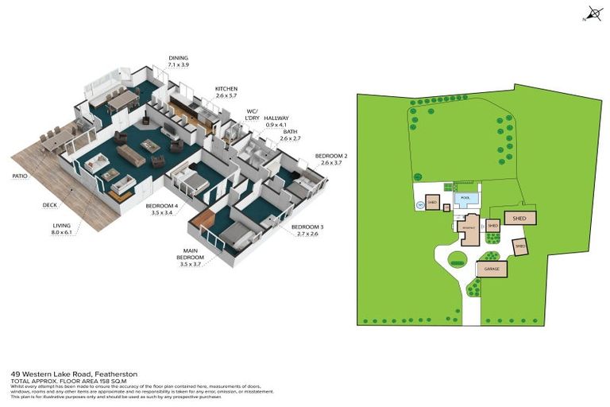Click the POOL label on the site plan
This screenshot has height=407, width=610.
pos(465,198)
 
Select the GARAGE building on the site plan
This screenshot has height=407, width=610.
pos(491,269)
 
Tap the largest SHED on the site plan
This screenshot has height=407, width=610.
pos(519,217)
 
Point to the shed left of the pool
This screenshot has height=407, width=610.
pos(433,203)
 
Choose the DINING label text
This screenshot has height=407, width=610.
pos(179,58)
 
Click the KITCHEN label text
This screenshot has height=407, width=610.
pos(226,88)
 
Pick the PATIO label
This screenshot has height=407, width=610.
pos(21,176)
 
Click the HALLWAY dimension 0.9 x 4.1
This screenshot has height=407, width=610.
pos(276,124)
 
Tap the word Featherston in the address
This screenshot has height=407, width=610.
pos(120,372)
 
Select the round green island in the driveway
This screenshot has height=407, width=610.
pos(457,258)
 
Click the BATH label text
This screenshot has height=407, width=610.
pos(291,131)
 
